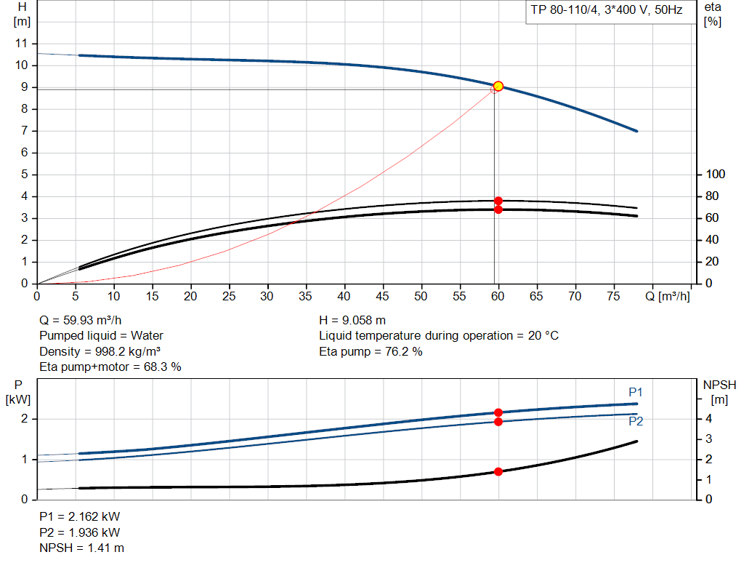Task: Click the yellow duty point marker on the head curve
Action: coord(498,86)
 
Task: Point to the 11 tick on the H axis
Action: coord(21,44)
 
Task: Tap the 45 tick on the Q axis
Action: coord(383,297)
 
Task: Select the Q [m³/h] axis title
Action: coord(667,297)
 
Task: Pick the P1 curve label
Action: coord(636,392)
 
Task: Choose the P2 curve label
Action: coord(636,421)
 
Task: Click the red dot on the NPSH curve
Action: coord(498,471)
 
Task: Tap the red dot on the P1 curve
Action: coord(498,412)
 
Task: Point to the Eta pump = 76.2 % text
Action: coord(371,351)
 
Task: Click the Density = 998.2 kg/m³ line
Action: coord(100,351)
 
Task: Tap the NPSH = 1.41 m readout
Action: coord(81,548)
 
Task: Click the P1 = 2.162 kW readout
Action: coord(79,516)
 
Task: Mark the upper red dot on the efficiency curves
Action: coord(498,201)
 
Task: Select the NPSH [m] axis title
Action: coord(719,391)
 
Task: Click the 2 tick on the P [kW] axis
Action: coord(25,419)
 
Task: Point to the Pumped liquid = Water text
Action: coord(101,335)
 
